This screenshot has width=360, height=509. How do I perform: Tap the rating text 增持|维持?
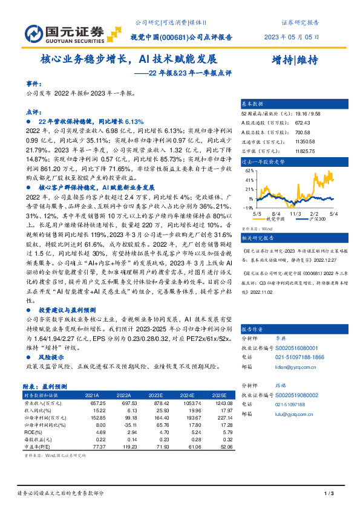295,60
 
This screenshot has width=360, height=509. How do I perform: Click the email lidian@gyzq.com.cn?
290,366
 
